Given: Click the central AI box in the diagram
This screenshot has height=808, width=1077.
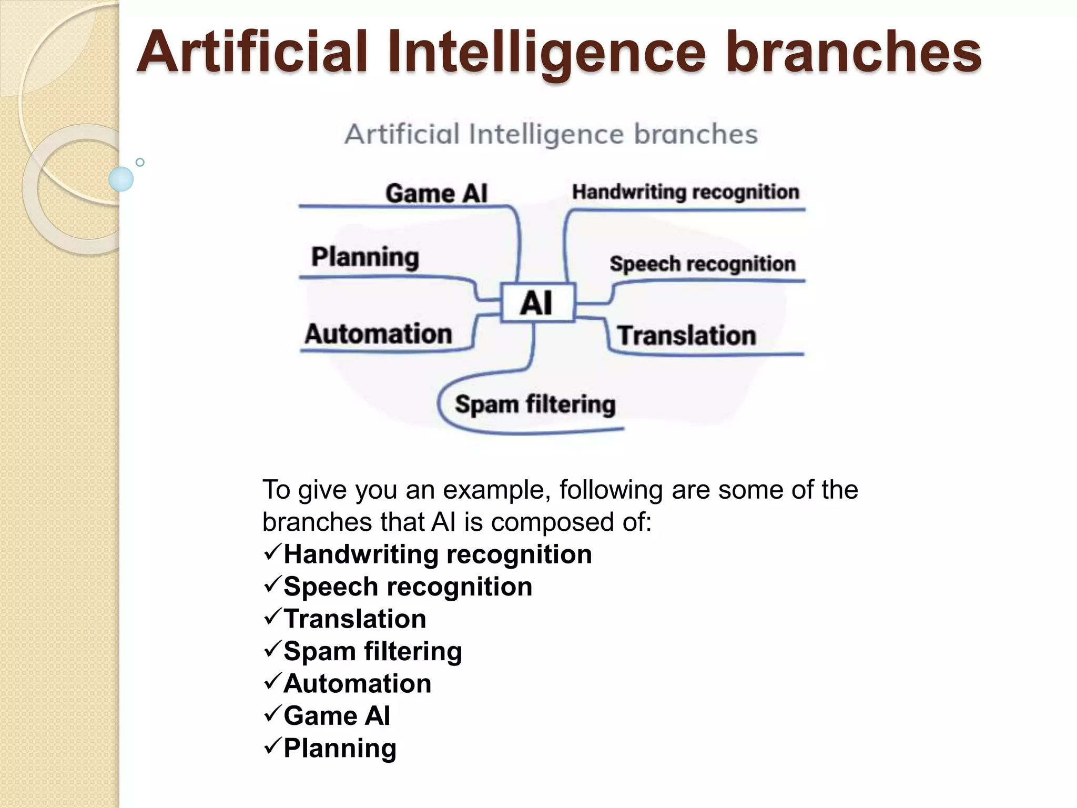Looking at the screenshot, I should [x=537, y=302].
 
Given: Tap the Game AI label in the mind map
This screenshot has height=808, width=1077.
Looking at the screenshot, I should [x=436, y=193].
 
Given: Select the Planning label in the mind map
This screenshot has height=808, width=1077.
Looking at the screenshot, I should [x=365, y=257].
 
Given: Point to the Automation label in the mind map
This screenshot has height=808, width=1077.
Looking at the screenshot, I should [x=379, y=334].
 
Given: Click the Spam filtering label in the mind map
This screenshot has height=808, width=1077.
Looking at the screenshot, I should [x=535, y=405].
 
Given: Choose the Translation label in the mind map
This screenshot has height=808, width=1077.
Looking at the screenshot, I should [x=686, y=336].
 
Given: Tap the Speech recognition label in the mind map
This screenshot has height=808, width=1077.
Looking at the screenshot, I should [x=703, y=264].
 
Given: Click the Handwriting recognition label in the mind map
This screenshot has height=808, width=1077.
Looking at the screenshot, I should [x=685, y=192].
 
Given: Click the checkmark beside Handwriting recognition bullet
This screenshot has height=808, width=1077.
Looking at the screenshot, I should [x=272, y=553].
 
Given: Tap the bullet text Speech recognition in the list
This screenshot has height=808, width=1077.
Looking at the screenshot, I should [x=408, y=587].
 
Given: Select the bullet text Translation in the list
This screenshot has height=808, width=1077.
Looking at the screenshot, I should [x=354, y=619].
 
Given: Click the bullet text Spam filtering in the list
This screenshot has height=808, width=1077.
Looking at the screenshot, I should [x=372, y=651].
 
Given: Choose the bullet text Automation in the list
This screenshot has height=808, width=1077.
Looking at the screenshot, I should [x=357, y=683].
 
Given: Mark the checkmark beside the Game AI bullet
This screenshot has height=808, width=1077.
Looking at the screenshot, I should [x=272, y=714].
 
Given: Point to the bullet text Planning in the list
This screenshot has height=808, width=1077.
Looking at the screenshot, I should [x=340, y=748].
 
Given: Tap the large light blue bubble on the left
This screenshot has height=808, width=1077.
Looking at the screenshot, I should [x=121, y=179].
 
